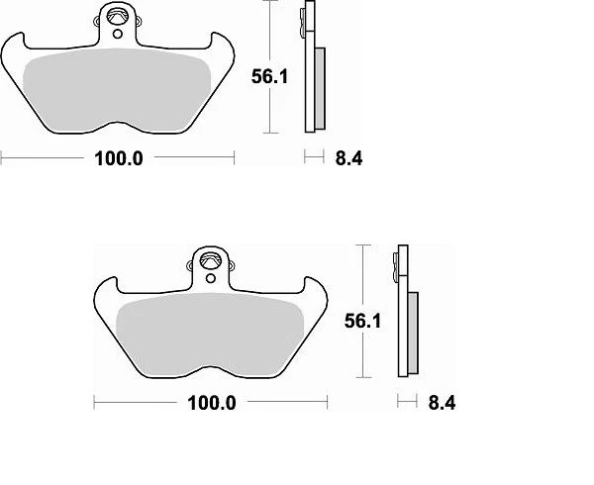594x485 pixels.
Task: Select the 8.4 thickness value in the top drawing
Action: pos(348,158)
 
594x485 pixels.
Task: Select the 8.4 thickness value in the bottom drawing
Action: pos(442,403)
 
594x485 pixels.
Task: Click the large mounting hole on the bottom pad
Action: pos(210,261)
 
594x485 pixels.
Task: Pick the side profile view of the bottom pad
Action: pos(405,312)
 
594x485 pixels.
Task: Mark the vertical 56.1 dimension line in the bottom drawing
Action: pos(364,312)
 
